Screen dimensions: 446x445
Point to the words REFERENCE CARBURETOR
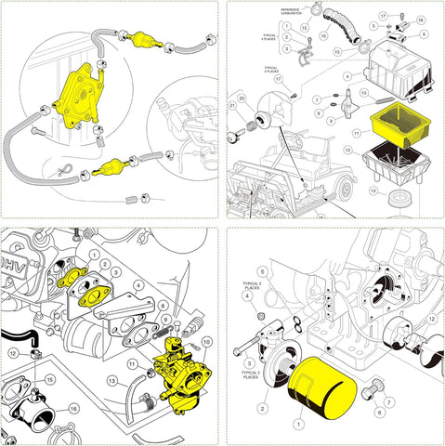click(x=296, y=13)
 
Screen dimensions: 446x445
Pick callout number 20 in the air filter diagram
click(x=240, y=98)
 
